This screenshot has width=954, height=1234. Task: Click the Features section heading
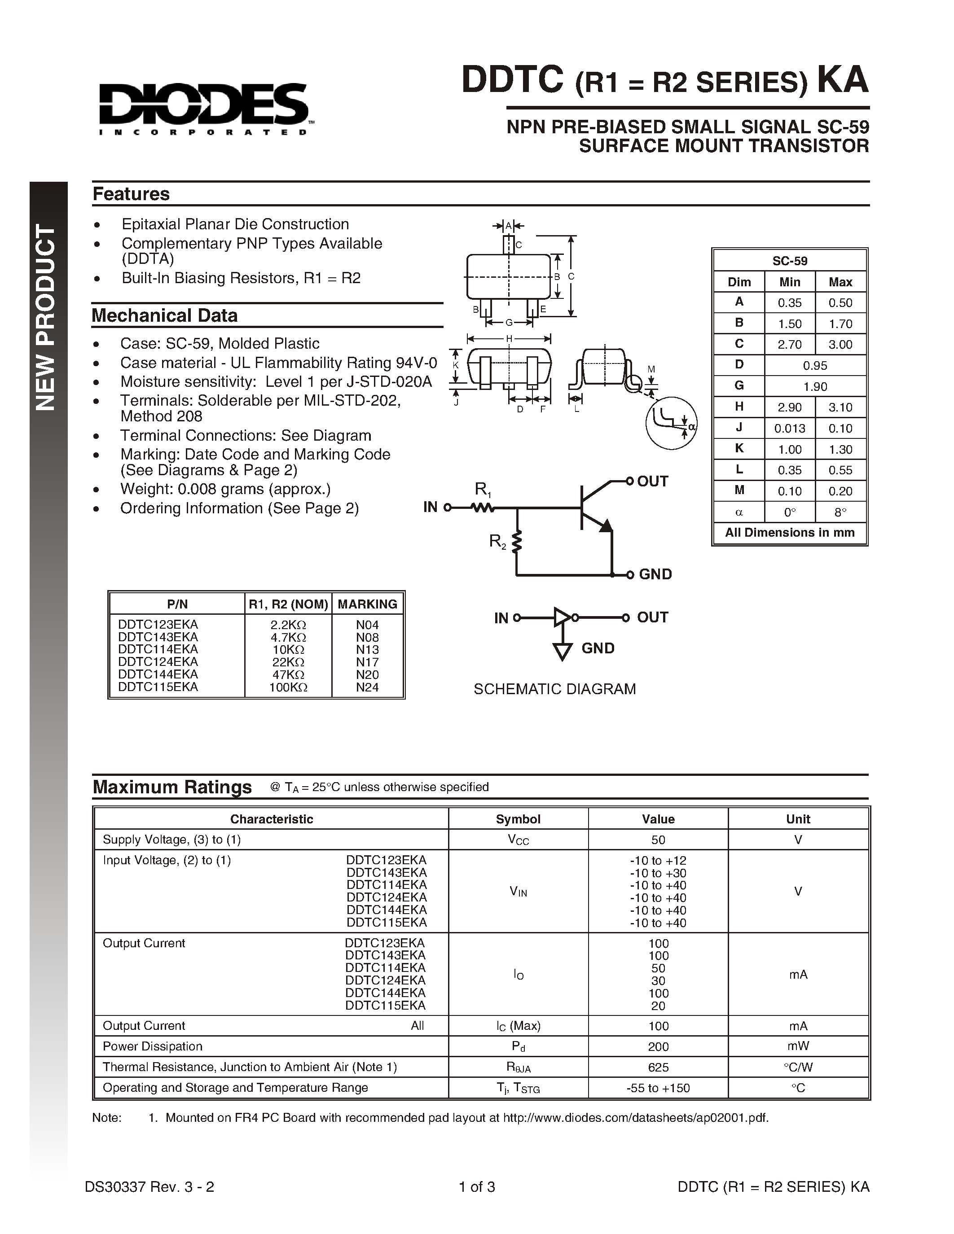click(131, 194)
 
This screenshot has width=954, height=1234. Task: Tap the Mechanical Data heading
click(164, 315)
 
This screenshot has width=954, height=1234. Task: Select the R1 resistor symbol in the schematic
click(483, 508)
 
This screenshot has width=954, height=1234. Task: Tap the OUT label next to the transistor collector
click(652, 481)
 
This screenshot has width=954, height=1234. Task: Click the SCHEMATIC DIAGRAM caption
click(554, 689)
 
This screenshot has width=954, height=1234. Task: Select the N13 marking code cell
click(367, 650)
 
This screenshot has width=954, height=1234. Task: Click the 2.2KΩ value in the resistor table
click(288, 625)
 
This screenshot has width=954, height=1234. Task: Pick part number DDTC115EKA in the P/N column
click(158, 687)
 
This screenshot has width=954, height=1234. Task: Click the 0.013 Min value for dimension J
click(790, 428)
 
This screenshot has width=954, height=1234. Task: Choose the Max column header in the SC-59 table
click(840, 282)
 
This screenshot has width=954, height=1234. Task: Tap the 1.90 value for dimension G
click(815, 386)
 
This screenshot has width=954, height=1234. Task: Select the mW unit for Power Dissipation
click(798, 1046)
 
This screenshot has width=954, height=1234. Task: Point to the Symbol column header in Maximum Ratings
click(518, 819)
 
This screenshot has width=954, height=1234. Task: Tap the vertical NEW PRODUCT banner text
click(46, 316)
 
